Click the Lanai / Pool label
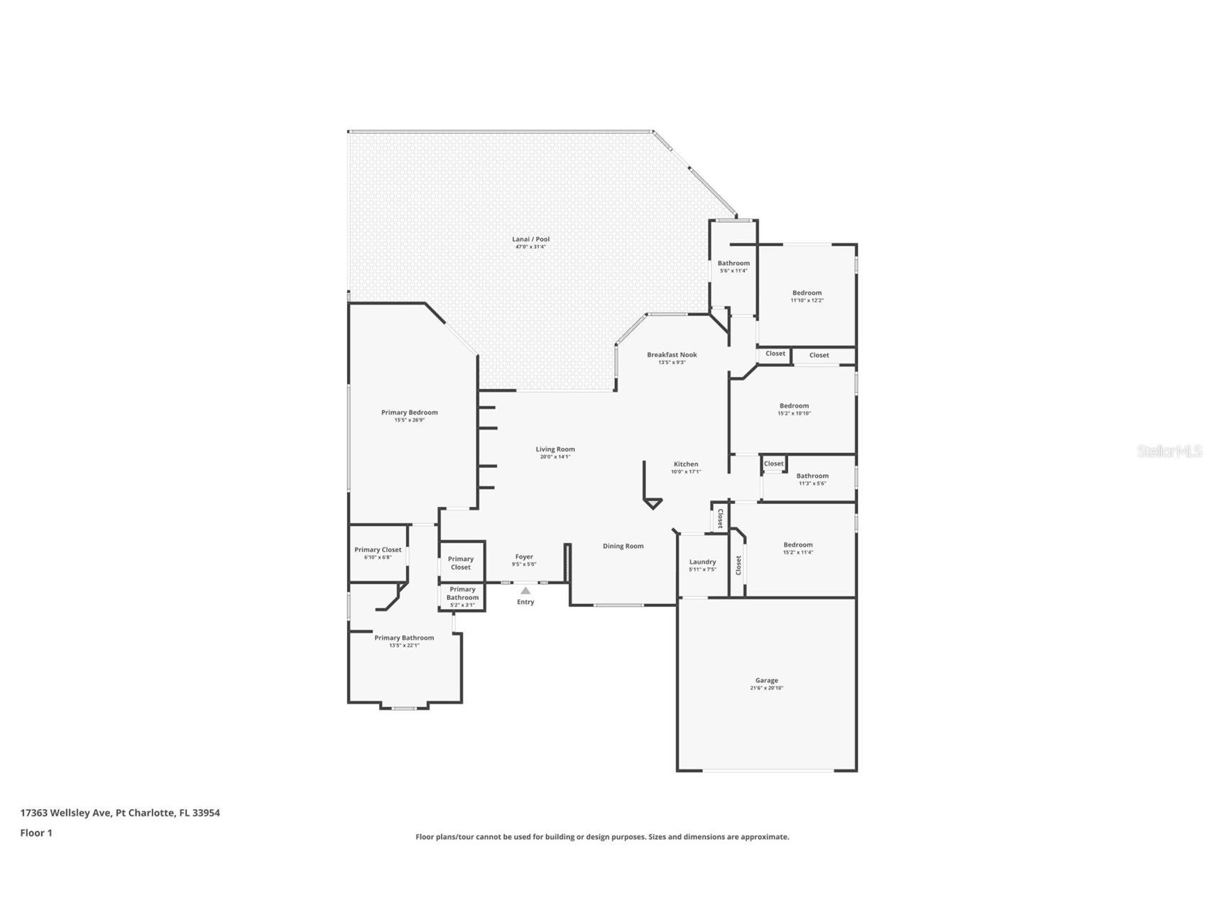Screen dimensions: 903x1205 pos(530,239)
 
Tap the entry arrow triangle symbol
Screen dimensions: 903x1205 pos(525,591)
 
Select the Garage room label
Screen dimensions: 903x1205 pos(766,680)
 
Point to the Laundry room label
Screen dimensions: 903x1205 pos(702,562)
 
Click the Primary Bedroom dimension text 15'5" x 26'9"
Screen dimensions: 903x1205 pos(409,420)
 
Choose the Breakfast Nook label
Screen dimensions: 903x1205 pos(672,354)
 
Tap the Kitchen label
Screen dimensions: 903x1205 pos(686,464)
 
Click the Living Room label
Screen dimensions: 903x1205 pos(555,449)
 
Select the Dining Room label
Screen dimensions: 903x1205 pos(623,546)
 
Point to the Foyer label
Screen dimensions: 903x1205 pos(524,557)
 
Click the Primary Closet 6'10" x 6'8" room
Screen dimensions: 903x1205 pos(378,553)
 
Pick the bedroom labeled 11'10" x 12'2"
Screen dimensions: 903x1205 pos(807,296)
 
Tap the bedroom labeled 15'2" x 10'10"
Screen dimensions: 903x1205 pos(794,409)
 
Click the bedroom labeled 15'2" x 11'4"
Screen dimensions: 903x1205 pos(798,548)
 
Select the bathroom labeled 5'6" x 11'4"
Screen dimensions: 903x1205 pos(734,266)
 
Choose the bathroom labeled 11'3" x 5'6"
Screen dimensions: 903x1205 pos(812,479)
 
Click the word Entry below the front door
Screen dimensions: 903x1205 pos(525,602)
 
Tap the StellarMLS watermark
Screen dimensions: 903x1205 pos(1169,451)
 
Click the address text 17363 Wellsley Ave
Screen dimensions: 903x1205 pos(66,813)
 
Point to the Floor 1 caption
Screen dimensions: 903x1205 pos(36,833)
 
